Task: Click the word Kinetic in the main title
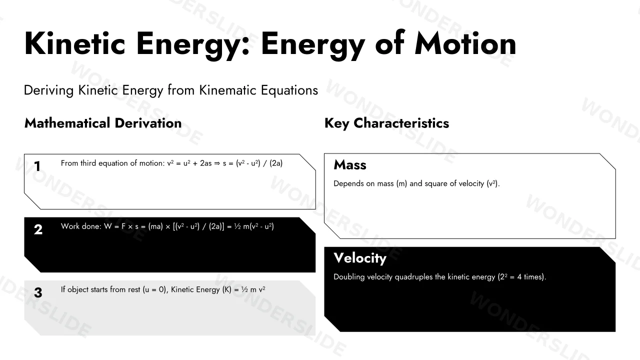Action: tap(75, 44)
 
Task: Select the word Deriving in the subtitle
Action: tap(49, 90)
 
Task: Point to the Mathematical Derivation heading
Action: tap(103, 123)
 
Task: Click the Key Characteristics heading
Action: tap(386, 123)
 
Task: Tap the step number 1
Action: tap(37, 166)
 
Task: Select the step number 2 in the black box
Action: tap(38, 229)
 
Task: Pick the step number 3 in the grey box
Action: tap(38, 292)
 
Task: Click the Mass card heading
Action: tap(350, 165)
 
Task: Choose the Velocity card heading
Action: tap(360, 258)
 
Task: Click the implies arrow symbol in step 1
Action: tap(217, 163)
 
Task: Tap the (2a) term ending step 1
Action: tap(276, 163)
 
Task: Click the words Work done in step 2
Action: tap(81, 226)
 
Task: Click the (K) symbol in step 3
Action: tap(227, 289)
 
